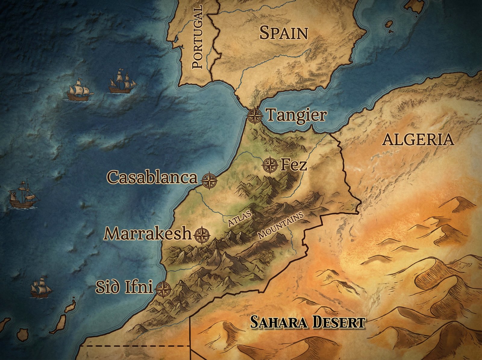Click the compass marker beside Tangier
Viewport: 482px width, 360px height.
coord(255,115)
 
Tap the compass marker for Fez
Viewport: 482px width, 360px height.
coord(270,165)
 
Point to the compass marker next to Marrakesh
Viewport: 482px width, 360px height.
coord(202,235)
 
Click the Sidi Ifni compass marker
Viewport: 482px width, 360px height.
coord(163,289)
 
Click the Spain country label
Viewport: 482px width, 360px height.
coord(283,33)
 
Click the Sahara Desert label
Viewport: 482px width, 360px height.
coord(308,323)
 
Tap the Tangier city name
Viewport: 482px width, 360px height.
coord(296,115)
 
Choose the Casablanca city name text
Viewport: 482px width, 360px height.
coord(152,177)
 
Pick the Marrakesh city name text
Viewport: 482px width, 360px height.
coord(148,233)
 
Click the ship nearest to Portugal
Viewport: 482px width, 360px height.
coord(122,82)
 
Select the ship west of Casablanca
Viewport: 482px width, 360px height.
coord(23,196)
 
